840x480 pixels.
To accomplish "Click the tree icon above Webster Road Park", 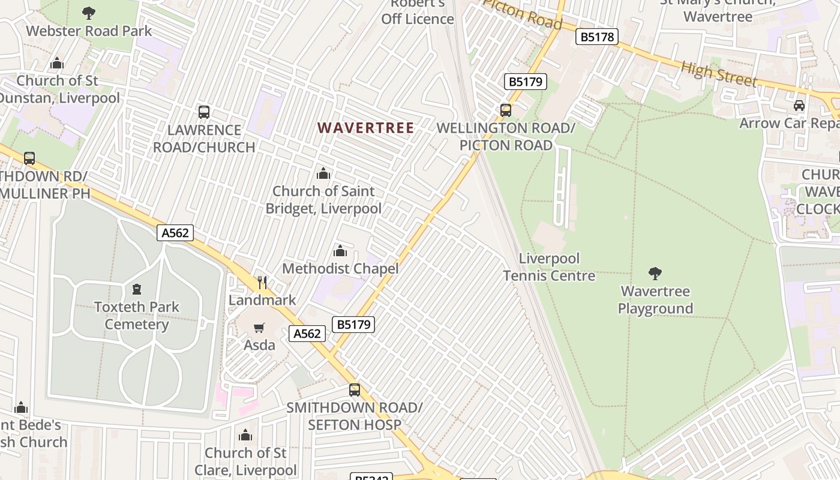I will (x=89, y=13).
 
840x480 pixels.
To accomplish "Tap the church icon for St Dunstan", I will (x=57, y=63).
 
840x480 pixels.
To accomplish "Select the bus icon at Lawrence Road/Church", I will (x=204, y=112).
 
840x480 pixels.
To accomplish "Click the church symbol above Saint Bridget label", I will (x=323, y=174).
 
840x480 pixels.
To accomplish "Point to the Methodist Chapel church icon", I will (x=340, y=251).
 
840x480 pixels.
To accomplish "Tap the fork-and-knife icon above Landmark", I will (x=262, y=283).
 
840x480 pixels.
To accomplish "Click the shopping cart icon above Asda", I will (x=259, y=328).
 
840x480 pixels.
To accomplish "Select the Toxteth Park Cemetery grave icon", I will (x=137, y=290).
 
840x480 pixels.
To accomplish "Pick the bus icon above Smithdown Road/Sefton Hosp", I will (x=355, y=390).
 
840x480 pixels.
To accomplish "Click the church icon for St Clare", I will (x=245, y=435).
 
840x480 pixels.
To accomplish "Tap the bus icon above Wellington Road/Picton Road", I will (x=506, y=110).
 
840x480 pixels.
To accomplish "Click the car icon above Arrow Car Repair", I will (x=799, y=106).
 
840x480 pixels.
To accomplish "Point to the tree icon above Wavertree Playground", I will (x=655, y=274).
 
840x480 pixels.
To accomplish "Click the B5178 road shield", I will (x=597, y=37).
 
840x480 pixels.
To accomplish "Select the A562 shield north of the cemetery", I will (x=175, y=233).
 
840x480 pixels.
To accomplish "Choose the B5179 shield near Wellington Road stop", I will (x=526, y=82).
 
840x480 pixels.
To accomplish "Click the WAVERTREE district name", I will (x=366, y=128).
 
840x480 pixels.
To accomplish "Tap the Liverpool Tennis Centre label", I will (x=549, y=267).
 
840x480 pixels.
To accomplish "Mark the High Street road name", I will (x=719, y=74).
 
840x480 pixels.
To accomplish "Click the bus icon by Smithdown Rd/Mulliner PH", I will (x=29, y=158).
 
